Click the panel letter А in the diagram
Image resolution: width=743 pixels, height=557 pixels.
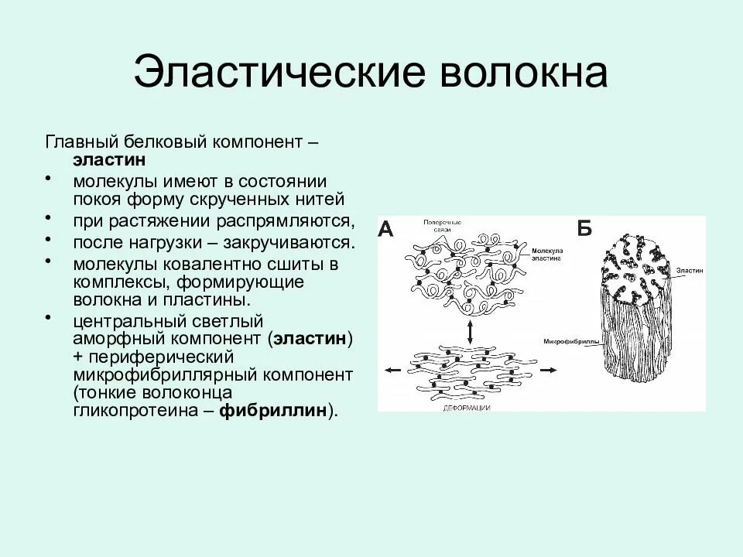[x=387, y=230]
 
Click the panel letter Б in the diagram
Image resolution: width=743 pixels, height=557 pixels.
[x=585, y=229]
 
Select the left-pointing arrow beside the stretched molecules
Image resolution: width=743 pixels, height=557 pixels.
[x=393, y=371]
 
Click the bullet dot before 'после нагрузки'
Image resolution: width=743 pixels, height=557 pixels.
[x=50, y=239]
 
